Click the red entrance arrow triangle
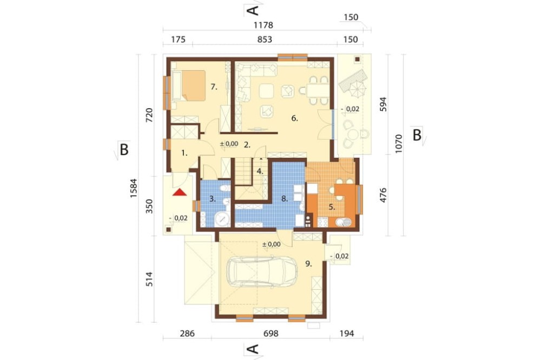(x=180, y=192)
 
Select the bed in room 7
(x=188, y=86)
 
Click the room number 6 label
(x=294, y=118)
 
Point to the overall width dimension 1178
(x=263, y=25)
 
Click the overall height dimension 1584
(x=134, y=188)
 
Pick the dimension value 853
(x=265, y=39)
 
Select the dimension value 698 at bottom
(x=270, y=334)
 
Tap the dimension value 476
(x=383, y=195)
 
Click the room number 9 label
(x=308, y=264)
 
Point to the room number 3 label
(x=213, y=198)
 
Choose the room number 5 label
(x=332, y=207)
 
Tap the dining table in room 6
(x=318, y=90)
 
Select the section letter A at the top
(x=254, y=10)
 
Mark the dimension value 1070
(x=399, y=144)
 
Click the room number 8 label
(x=285, y=198)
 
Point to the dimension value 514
(x=149, y=279)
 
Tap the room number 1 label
(x=184, y=154)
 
